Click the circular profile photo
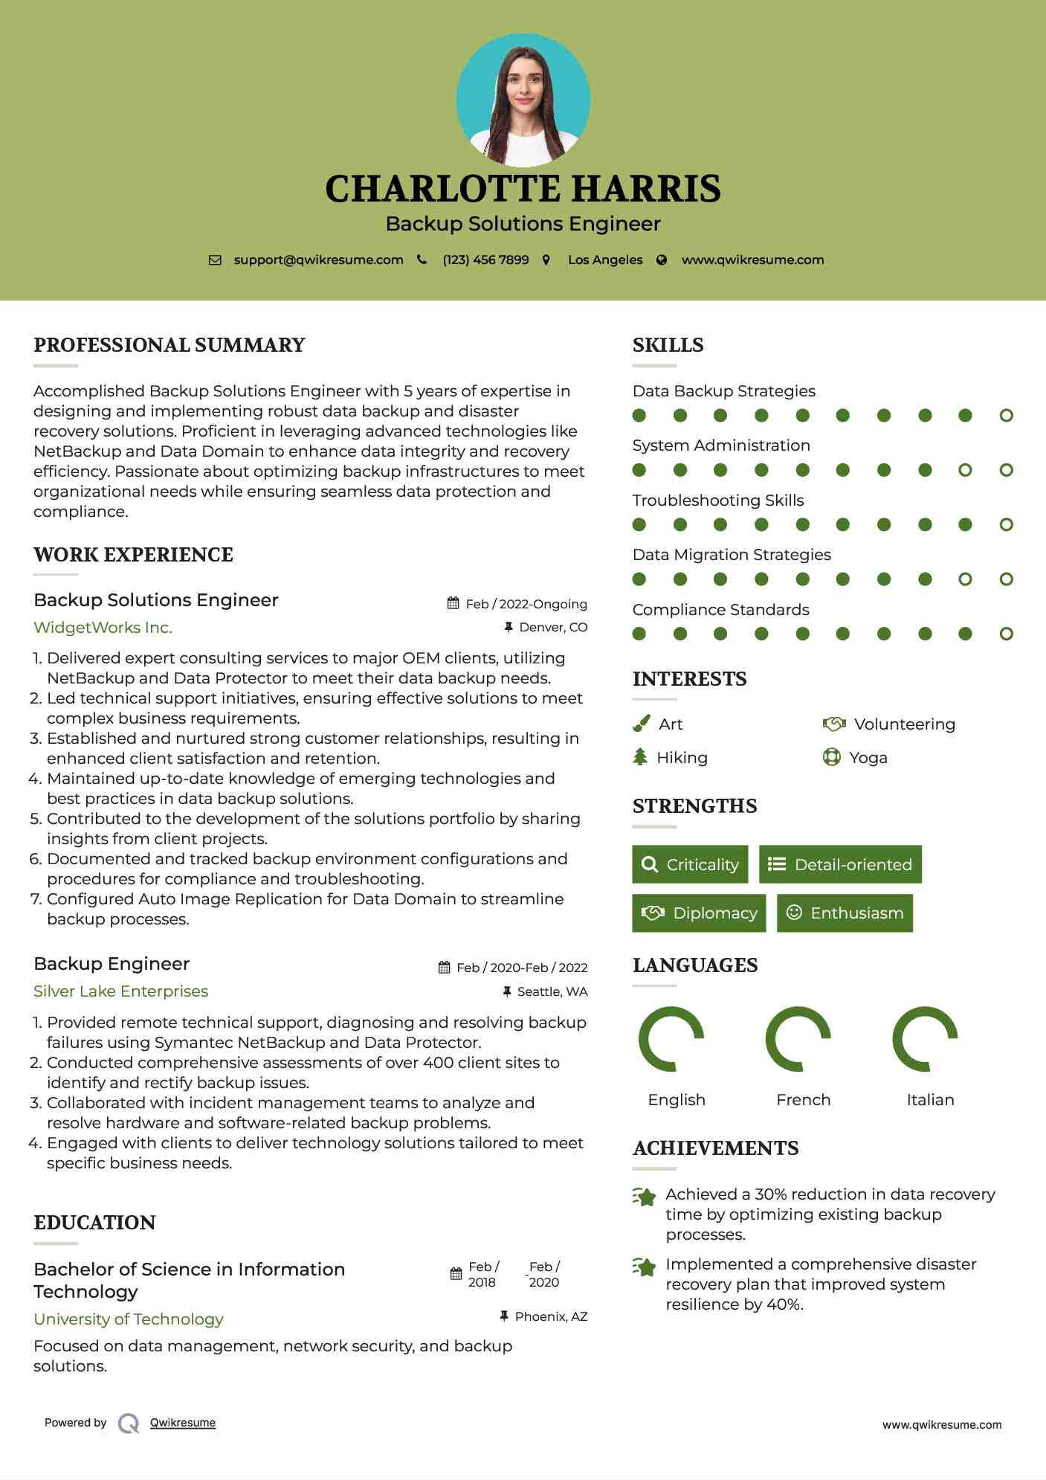[523, 100]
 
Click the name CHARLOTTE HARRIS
[523, 189]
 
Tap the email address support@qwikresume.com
[318, 260]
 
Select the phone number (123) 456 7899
[485, 260]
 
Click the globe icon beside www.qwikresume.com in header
[662, 260]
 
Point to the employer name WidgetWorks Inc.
[103, 628]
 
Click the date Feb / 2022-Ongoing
[526, 604]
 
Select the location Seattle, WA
[552, 991]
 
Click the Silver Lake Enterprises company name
[120, 991]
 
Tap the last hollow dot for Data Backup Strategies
[1006, 416]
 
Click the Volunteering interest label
[904, 724]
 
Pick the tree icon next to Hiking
[640, 757]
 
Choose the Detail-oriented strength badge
[840, 864]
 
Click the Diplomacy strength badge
[699, 913]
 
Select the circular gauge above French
[798, 1039]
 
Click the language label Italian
[930, 1100]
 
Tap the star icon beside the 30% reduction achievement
[645, 1197]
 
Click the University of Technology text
[129, 1319]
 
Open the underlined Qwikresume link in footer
[183, 1423]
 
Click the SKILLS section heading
[668, 345]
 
